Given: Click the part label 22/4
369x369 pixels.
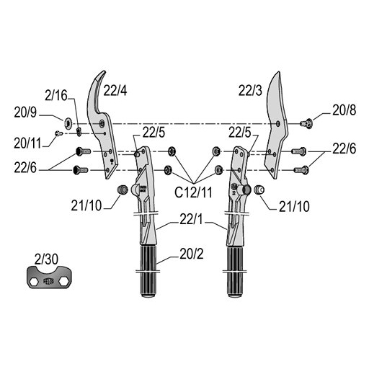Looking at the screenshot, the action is pos(115,91).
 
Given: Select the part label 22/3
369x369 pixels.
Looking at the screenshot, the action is pos(250,91).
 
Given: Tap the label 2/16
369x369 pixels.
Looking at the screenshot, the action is pos(56,96).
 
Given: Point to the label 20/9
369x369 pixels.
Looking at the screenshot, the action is pos(25,112).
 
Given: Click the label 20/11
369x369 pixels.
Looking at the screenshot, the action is pos(27,143).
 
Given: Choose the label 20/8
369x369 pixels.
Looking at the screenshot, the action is pos(344,110).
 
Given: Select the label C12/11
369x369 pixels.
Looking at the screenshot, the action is pos(193,192).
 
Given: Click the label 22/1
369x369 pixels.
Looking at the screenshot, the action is pos(191,220).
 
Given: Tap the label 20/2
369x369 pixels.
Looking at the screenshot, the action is pos(192,254).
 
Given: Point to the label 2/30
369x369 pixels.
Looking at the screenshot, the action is pos(46,259).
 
